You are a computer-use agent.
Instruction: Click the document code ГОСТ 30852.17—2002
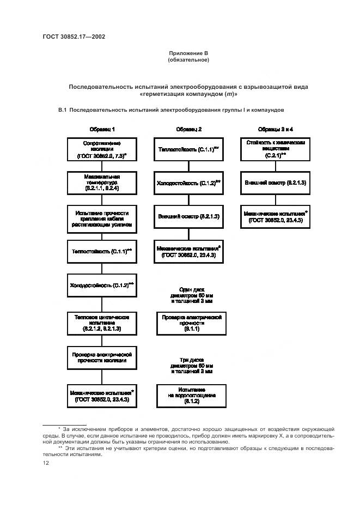tap(74, 37)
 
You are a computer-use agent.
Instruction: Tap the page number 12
tap(46, 463)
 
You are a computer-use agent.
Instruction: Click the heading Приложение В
tap(188, 53)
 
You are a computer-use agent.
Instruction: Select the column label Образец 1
tap(102, 129)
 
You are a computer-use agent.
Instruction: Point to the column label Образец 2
tap(189, 129)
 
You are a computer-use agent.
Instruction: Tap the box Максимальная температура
tap(102, 183)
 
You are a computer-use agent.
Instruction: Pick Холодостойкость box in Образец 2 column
tap(189, 183)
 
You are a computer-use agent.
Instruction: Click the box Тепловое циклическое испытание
tap(102, 323)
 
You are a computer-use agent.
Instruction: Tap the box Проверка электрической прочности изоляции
tap(102, 357)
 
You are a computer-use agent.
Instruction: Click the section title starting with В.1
tap(171, 110)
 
